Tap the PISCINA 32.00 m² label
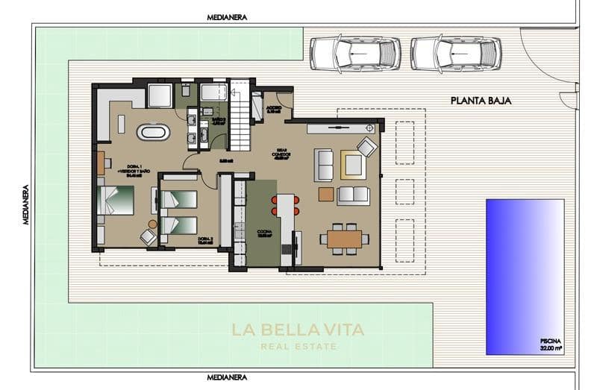coord(552,343)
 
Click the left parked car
coord(354,53)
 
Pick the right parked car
coord(455,53)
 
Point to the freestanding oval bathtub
coord(153,133)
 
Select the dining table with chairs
coord(344,239)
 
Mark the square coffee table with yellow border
coord(353,164)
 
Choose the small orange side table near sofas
coord(326,194)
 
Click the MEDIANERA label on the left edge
coord(25,205)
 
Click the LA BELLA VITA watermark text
coord(298,330)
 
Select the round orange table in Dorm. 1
coord(152,224)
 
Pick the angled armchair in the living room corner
coord(367,146)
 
